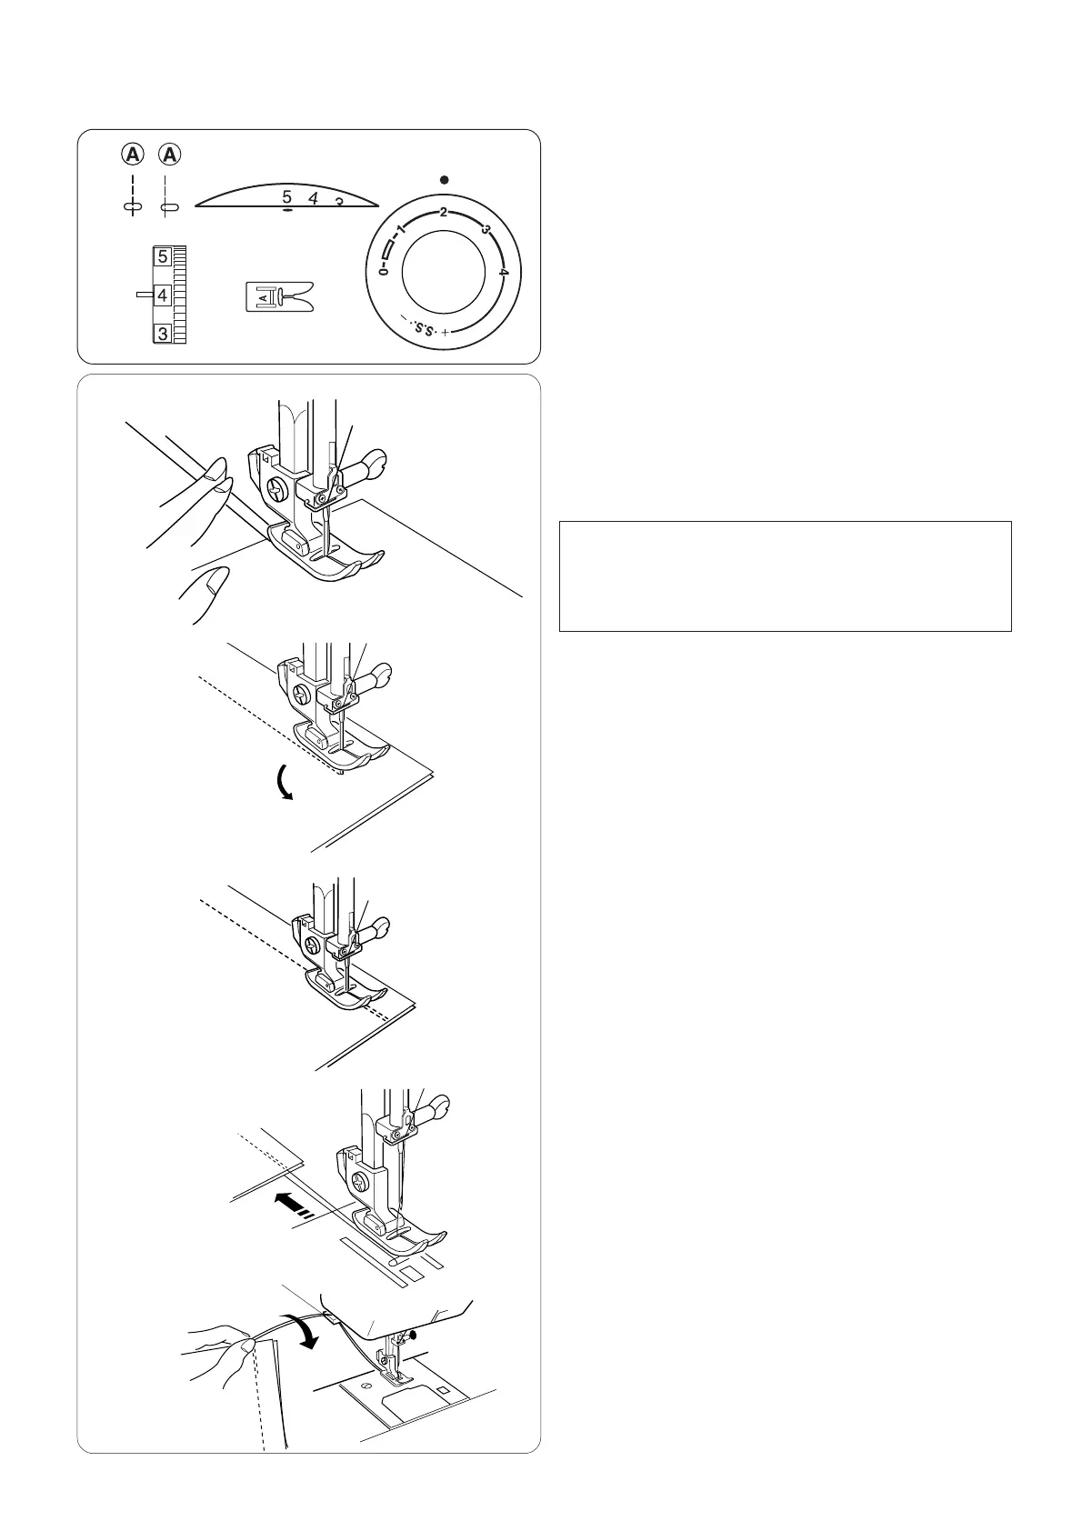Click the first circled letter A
click(134, 155)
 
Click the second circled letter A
click(170, 155)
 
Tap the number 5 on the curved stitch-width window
click(286, 197)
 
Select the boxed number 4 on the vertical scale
click(162, 295)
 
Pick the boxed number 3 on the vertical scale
click(162, 334)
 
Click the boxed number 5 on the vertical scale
click(162, 257)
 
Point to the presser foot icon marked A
click(278, 296)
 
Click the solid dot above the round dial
click(443, 180)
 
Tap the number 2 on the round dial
click(443, 213)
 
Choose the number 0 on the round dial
click(384, 272)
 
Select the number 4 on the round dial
click(503, 272)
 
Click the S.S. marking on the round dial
click(423, 327)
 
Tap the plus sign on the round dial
click(446, 334)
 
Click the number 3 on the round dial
click(486, 231)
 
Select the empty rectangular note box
click(785, 575)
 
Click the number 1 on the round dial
click(400, 231)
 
